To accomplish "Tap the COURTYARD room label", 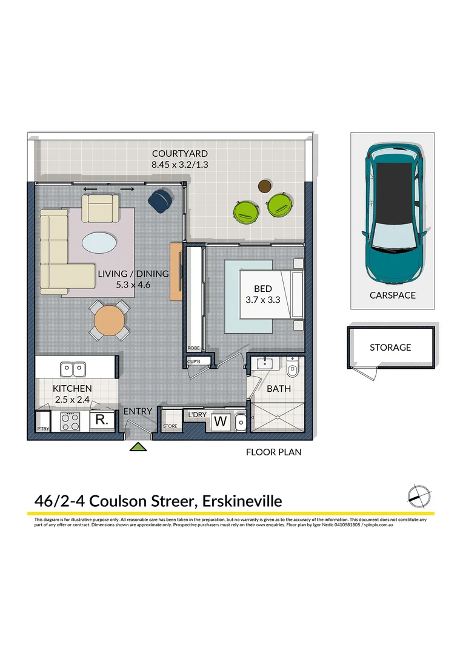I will tap(180, 154).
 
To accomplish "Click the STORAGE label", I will tap(390, 348).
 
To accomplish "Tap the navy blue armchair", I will tap(161, 200).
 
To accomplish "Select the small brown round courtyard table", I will tap(264, 186).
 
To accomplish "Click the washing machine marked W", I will tap(221, 421).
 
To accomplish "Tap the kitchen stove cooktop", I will tap(70, 421).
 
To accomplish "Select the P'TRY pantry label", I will tap(42, 429).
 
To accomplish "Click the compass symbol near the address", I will tap(418, 496).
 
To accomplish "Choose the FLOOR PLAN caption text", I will tap(273, 452).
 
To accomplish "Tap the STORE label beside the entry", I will tap(170, 427).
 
